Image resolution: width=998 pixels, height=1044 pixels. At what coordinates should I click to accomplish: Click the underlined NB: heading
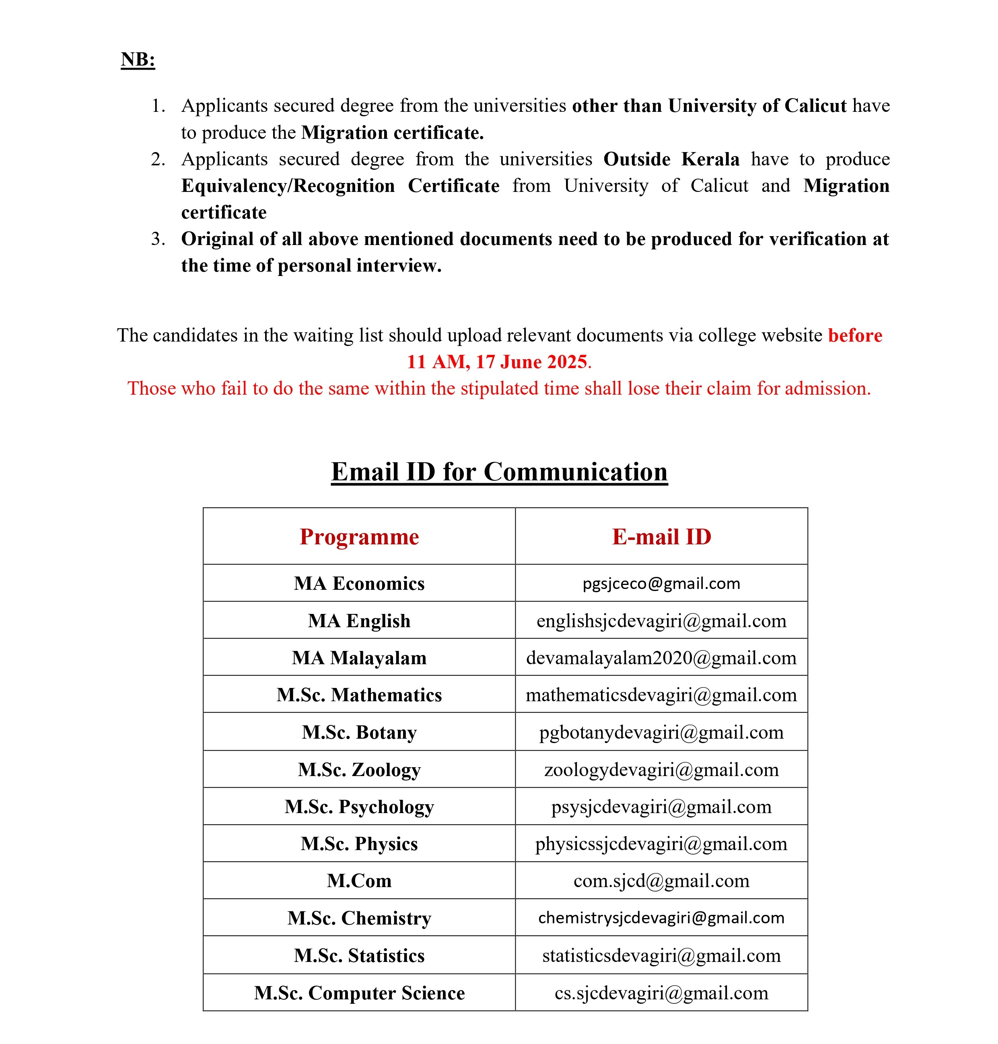pos(138,59)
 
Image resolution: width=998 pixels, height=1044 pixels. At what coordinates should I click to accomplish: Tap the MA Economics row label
pos(359,583)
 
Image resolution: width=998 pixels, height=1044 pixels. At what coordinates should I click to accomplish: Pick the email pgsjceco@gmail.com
pos(661,583)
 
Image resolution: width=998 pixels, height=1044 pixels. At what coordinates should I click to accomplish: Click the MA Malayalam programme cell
pos(359,658)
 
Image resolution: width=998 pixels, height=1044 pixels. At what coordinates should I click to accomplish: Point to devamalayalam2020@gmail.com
pos(661,658)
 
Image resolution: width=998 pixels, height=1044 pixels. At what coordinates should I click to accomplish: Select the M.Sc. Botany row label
pos(359,732)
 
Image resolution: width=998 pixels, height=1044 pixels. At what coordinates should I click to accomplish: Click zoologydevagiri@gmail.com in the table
pos(661,770)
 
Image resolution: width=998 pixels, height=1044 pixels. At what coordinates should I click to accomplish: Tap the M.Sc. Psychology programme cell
pos(359,807)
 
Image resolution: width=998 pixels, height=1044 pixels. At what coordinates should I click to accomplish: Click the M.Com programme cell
pos(359,881)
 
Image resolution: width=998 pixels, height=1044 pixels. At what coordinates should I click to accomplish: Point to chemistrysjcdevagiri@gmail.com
pos(661,918)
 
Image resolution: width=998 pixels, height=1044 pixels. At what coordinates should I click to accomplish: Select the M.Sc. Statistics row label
pos(359,955)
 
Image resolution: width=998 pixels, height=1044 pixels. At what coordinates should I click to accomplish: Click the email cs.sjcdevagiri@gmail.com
pos(661,993)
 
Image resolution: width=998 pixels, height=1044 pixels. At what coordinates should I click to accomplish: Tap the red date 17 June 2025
pos(531,362)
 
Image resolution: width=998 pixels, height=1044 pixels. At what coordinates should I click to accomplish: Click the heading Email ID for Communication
pos(499,472)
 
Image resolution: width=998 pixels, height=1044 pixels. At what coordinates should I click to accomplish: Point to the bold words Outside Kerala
pos(671,159)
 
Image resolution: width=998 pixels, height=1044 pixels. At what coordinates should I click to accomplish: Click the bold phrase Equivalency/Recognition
pos(288,186)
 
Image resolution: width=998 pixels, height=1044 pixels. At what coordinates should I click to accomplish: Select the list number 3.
pos(157,239)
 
